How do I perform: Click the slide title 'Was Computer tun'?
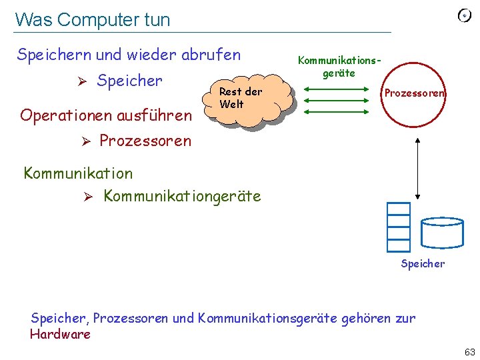tap(93, 20)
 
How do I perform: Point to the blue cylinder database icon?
tap(442, 233)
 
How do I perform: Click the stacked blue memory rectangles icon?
tap(398, 226)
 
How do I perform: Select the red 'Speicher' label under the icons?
tap(423, 264)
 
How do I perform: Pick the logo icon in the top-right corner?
tap(465, 16)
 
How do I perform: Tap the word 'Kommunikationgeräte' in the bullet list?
tap(183, 196)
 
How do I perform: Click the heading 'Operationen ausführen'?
tap(106, 115)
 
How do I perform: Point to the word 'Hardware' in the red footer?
tap(61, 334)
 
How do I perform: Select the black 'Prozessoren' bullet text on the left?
tap(145, 141)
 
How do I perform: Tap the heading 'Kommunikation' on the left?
tap(78, 173)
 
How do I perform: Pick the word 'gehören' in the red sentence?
tap(366, 318)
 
